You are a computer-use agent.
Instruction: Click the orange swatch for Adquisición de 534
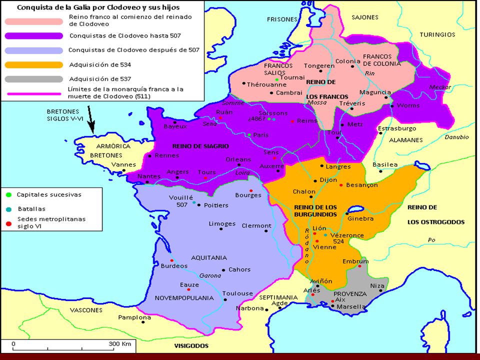tap(34, 64)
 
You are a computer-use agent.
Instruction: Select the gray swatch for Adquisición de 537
tap(34, 79)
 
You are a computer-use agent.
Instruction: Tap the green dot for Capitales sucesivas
tap(8, 194)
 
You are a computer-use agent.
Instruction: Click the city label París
tap(260, 135)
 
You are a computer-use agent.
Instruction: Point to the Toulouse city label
tap(236, 293)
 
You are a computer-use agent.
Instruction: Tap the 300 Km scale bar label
tap(119, 344)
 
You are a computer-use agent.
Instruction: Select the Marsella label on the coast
tap(351, 306)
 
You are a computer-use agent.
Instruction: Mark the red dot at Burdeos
tap(171, 260)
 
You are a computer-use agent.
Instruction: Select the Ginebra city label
tap(359, 218)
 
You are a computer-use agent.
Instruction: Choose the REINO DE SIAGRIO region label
tap(200, 146)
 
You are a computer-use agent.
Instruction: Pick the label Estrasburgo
tap(397, 128)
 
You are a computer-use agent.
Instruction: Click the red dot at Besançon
tap(341, 185)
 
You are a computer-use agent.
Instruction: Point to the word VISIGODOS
tap(190, 345)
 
